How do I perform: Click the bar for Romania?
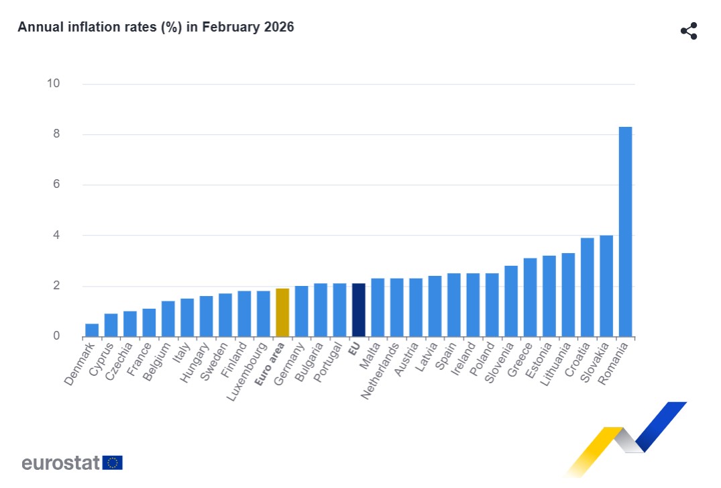point(625,232)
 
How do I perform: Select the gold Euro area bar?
point(282,313)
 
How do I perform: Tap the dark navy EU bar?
point(359,310)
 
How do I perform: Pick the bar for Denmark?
point(92,330)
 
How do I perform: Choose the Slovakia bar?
point(606,286)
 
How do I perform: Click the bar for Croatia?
point(587,287)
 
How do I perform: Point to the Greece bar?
point(530,297)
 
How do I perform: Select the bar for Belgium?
point(168,319)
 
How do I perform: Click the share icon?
point(689,31)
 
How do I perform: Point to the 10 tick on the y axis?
point(54,83)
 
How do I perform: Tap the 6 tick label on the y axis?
point(56,184)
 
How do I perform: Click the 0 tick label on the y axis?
point(56,336)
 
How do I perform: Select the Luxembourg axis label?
point(247,371)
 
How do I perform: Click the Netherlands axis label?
point(380,371)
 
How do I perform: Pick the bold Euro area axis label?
point(270,364)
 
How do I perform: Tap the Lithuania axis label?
point(555,364)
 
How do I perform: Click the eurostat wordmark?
point(60,462)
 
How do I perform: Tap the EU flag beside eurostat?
point(113,462)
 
